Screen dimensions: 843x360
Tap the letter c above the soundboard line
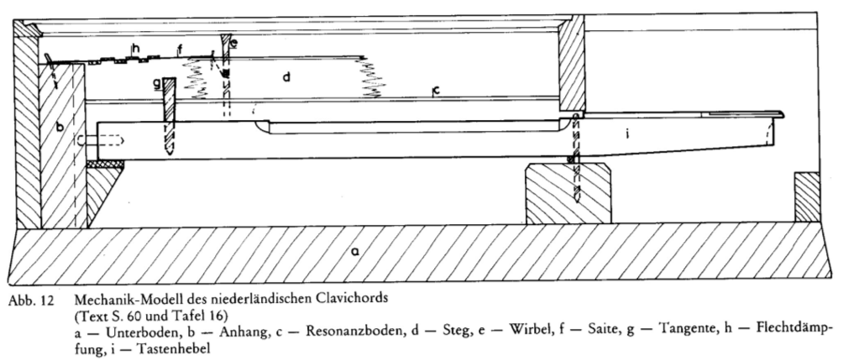point(437,91)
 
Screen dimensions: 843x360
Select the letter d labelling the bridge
point(286,77)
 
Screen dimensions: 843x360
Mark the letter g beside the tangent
point(156,84)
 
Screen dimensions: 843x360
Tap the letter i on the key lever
point(627,134)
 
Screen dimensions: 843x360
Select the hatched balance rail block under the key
point(568,194)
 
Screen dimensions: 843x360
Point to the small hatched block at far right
point(807,197)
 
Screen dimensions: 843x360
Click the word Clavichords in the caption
point(356,299)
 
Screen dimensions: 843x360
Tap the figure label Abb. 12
point(31,300)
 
